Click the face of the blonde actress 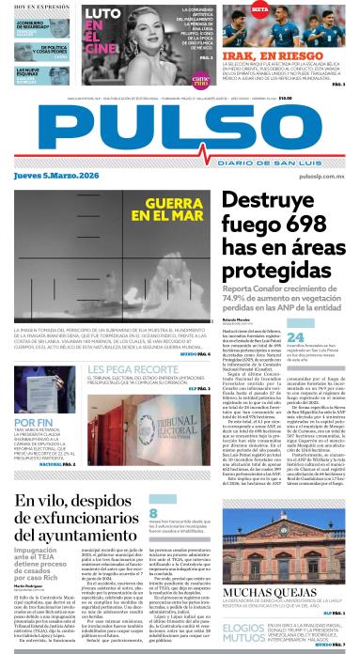click(161, 39)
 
